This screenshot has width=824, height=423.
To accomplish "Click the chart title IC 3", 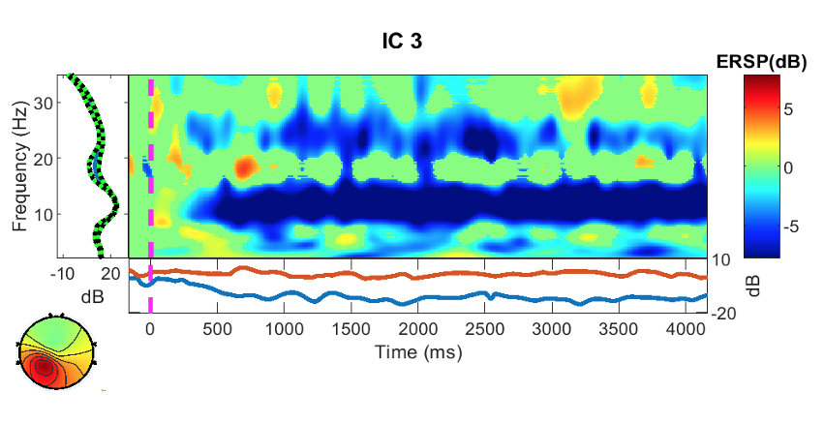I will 400,42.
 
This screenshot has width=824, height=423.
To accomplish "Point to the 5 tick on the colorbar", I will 788,110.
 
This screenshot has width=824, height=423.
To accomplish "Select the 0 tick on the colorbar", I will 788,167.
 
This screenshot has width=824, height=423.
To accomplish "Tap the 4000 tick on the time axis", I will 686,328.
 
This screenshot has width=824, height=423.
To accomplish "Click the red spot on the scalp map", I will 42,368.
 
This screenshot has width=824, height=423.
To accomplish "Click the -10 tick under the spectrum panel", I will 67,274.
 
